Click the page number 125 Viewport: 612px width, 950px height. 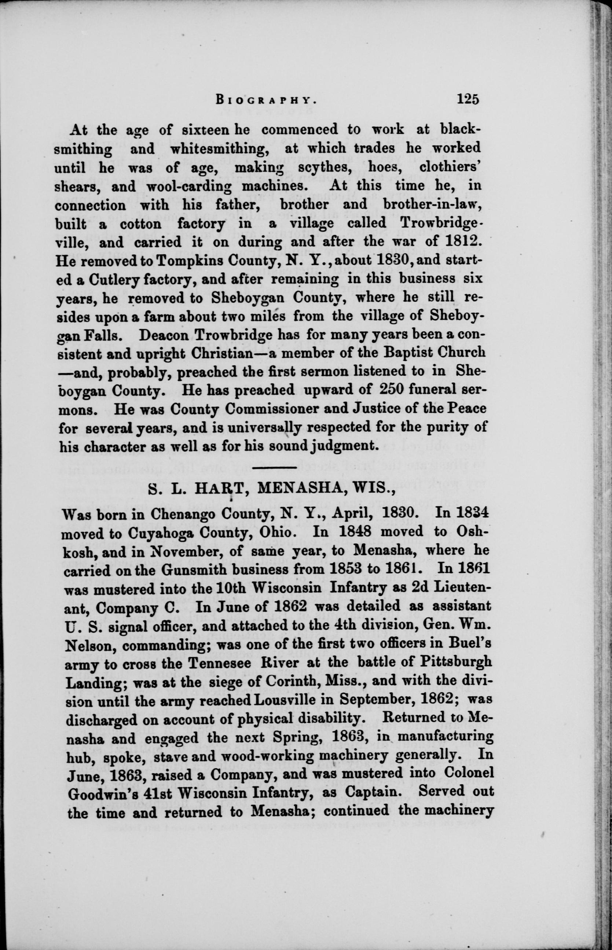coord(468,98)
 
